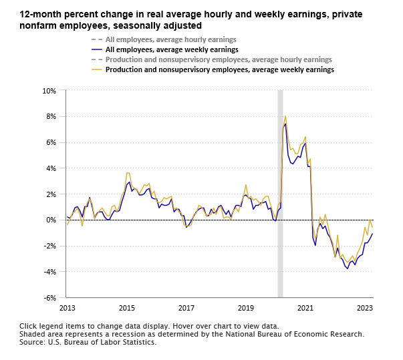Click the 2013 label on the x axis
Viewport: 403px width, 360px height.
coord(68,308)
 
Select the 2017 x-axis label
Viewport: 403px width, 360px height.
coord(186,308)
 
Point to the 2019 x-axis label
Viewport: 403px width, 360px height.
coord(246,308)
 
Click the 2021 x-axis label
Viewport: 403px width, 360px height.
coord(305,308)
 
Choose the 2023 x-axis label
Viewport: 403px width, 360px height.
coord(365,308)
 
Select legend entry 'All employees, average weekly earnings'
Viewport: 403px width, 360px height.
coord(168,49)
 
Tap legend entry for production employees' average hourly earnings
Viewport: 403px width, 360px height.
coord(214,59)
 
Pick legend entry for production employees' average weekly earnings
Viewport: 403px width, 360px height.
coord(214,69)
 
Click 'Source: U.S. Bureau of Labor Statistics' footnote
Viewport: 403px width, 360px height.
coord(88,342)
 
